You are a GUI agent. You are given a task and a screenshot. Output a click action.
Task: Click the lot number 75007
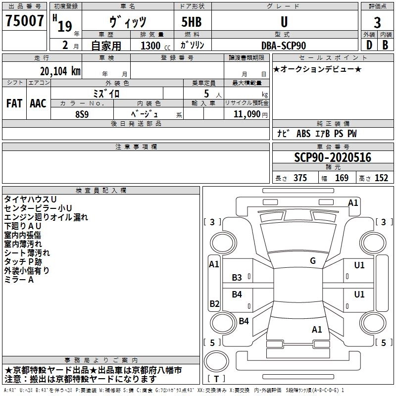click(x=24, y=21)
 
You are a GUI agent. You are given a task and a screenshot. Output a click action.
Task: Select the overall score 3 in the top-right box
click(x=377, y=23)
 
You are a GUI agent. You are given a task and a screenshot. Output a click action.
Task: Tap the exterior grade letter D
click(x=369, y=45)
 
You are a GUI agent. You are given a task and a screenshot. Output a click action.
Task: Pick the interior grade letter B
click(x=385, y=45)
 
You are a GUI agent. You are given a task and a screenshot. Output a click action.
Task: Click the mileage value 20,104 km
click(x=60, y=71)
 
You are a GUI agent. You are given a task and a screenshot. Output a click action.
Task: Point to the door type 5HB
click(x=192, y=22)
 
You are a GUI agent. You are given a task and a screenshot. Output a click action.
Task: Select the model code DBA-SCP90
click(x=283, y=46)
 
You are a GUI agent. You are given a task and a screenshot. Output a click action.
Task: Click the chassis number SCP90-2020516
click(x=333, y=157)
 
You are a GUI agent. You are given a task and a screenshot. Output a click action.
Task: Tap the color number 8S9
click(x=82, y=114)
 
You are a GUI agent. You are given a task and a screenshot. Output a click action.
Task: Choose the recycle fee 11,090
click(x=247, y=114)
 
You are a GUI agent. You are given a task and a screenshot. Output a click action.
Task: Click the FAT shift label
click(x=14, y=103)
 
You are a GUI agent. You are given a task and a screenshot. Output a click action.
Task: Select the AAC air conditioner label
click(x=38, y=103)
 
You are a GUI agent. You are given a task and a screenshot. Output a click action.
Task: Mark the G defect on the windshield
click(x=313, y=261)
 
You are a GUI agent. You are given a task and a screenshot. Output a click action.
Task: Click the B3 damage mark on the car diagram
click(x=237, y=278)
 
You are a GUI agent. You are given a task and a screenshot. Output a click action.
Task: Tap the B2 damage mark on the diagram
click(x=214, y=303)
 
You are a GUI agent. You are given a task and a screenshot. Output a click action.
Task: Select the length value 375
click(x=300, y=178)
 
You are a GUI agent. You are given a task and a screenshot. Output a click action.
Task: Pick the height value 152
click(x=381, y=178)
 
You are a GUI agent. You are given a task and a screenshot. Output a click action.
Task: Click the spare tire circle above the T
click(x=216, y=361)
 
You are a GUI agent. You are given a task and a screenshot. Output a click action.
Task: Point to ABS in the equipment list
click(x=303, y=134)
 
